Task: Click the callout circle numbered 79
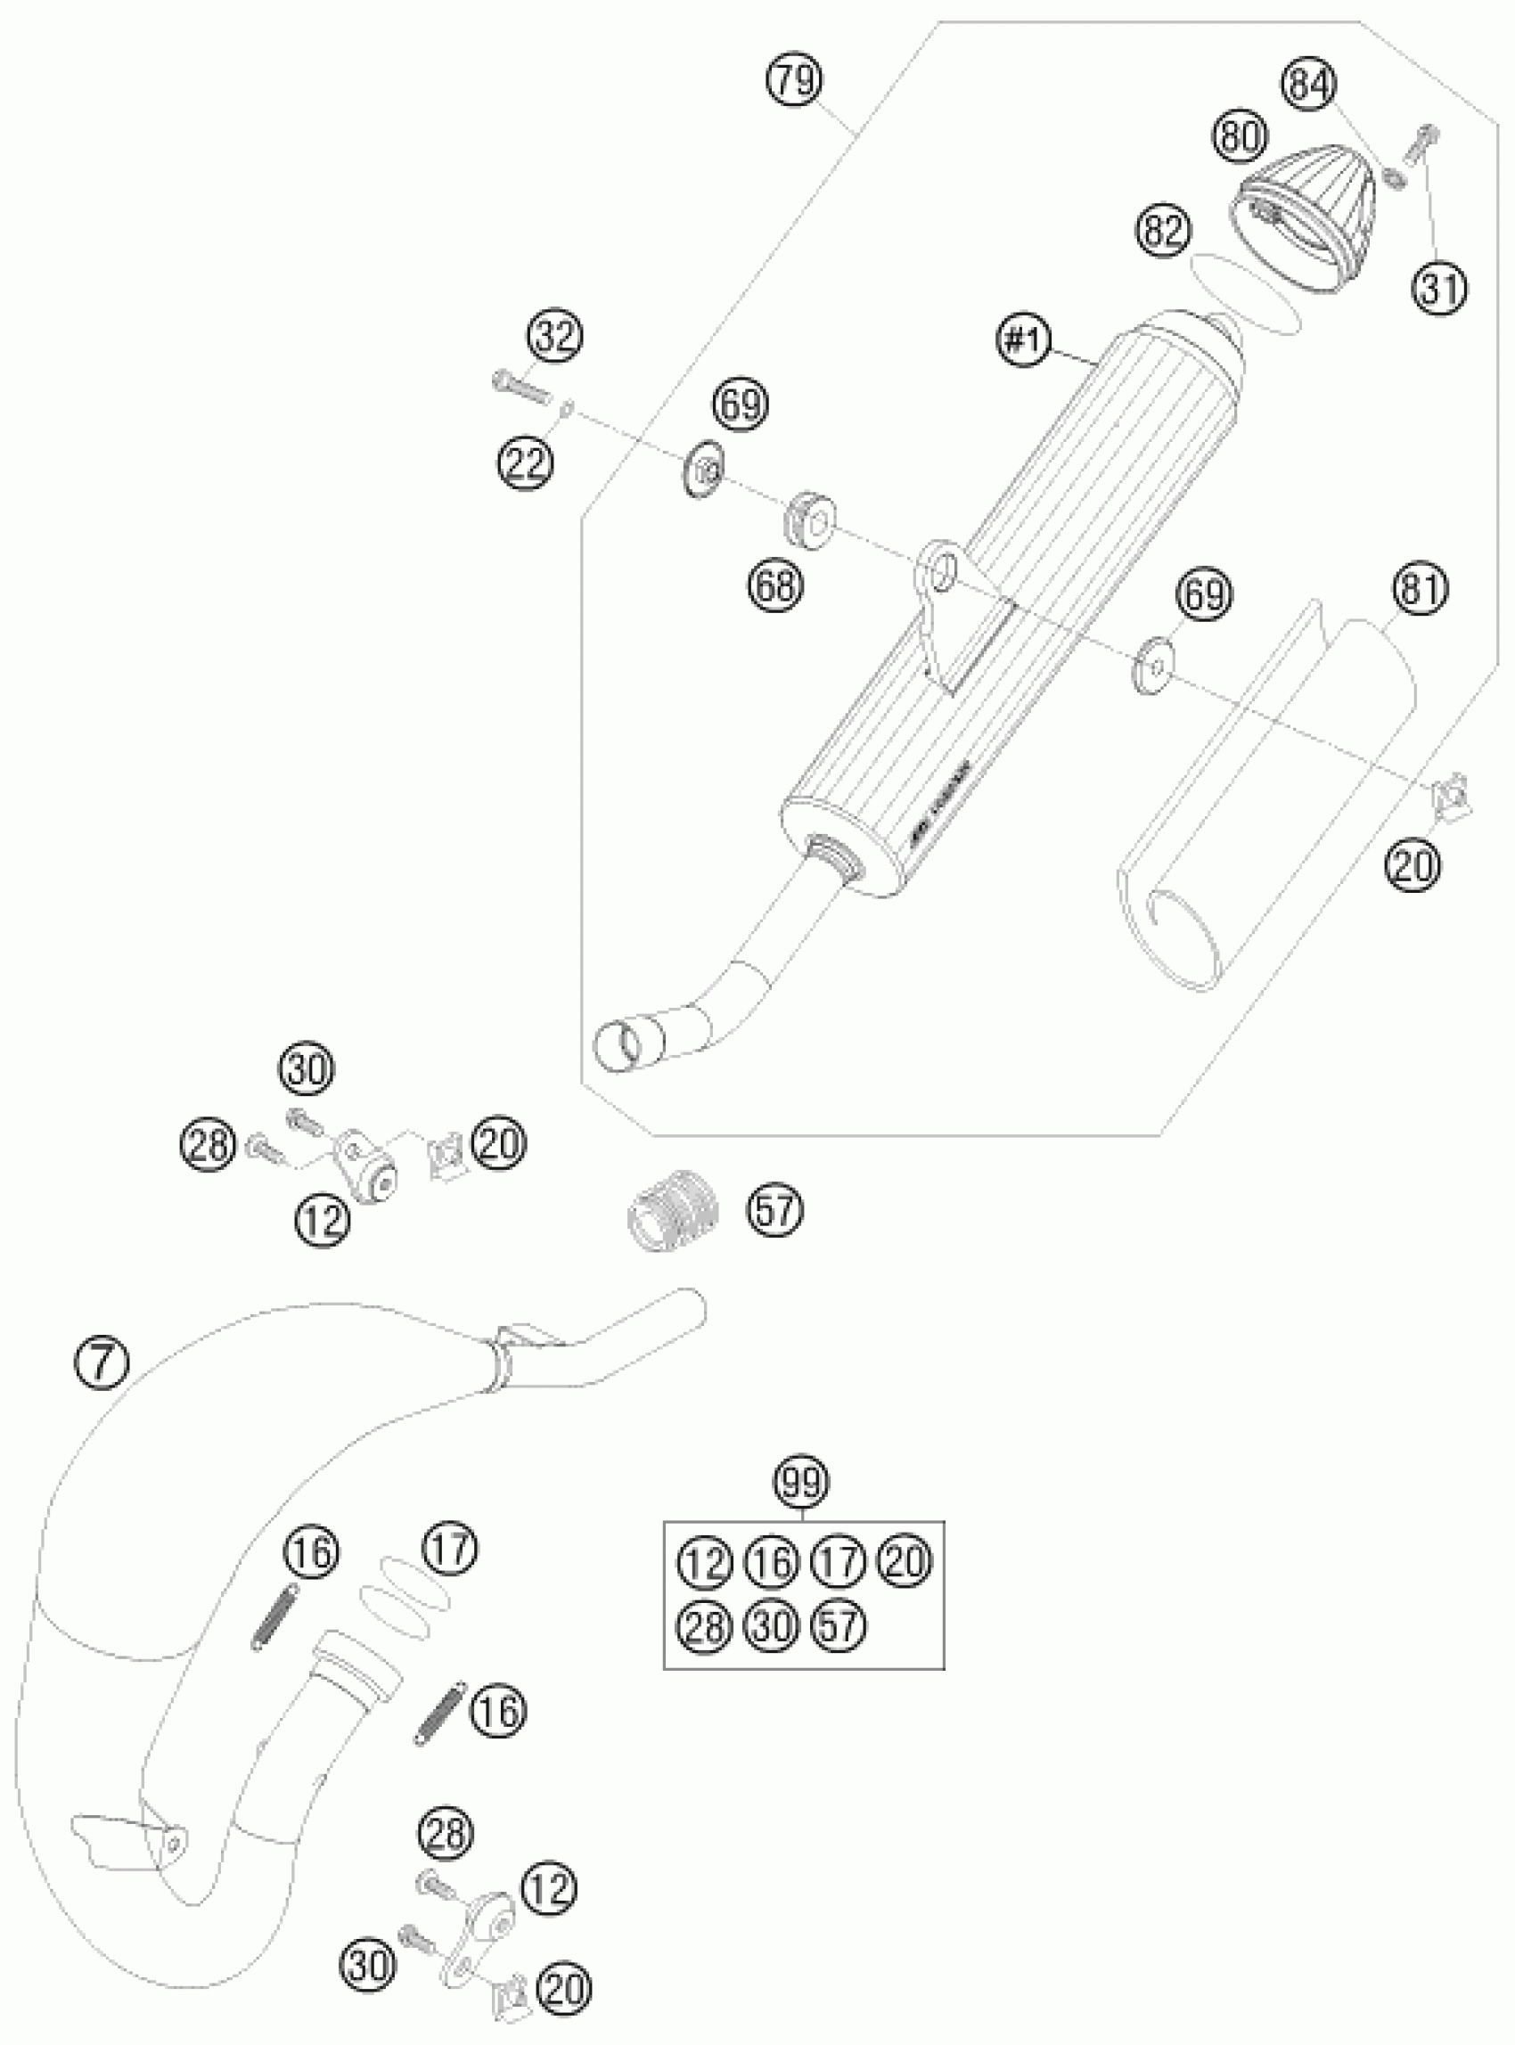point(794,81)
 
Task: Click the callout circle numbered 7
point(102,1360)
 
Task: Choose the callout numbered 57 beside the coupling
point(775,1209)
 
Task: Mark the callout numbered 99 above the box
point(801,1481)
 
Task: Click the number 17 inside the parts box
point(839,1560)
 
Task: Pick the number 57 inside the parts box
point(839,1626)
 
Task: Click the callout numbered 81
point(1419,589)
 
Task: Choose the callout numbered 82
point(1163,231)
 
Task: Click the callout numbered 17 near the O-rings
point(450,1549)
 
